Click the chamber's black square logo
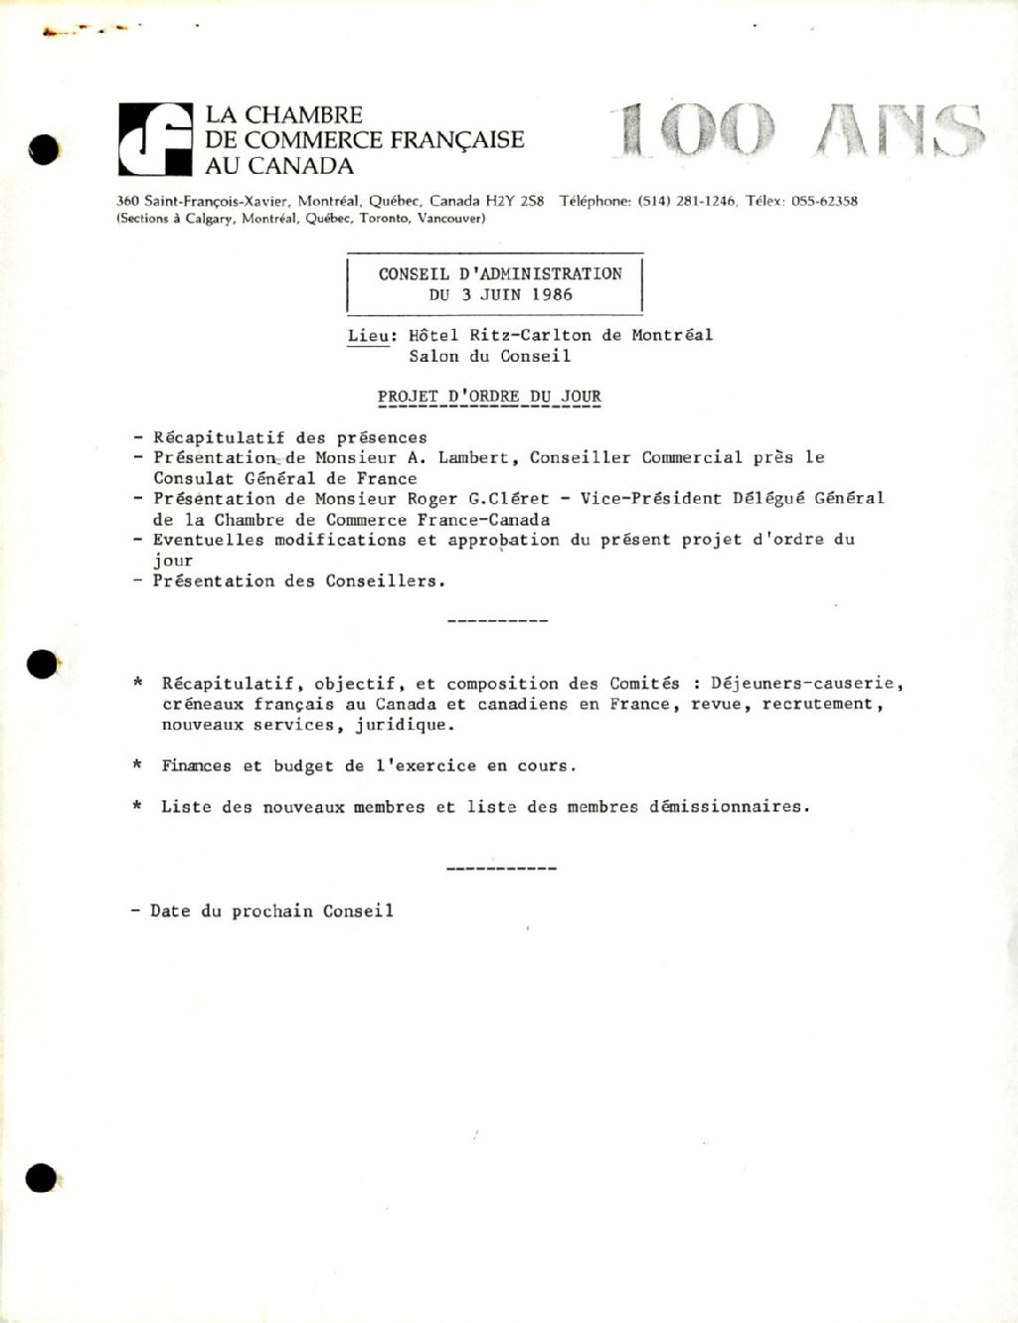(155, 139)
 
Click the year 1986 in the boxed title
(552, 294)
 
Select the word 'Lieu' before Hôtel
(368, 336)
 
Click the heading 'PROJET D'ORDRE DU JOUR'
(489, 396)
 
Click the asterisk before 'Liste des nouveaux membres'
(137, 806)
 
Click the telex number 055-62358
(824, 201)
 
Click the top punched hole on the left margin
(44, 148)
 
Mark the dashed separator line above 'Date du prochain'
(501, 869)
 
